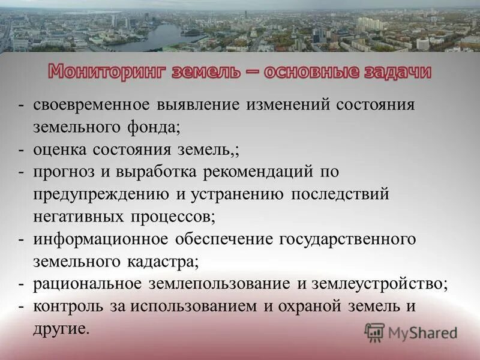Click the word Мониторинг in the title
106,72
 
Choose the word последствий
340,194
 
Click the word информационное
100,239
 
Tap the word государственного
347,239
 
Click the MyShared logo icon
374,332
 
